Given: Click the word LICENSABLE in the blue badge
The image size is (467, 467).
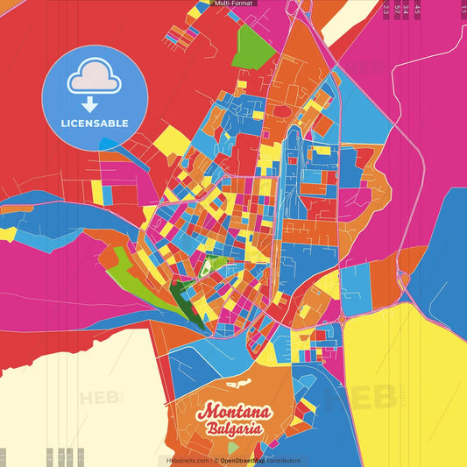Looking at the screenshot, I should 95,123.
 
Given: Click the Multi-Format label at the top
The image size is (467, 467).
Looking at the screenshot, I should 233,4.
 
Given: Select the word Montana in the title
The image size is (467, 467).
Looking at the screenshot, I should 234,413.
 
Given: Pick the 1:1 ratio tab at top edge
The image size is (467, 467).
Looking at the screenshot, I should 463,9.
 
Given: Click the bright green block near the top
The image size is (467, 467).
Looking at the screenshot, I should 255,43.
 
